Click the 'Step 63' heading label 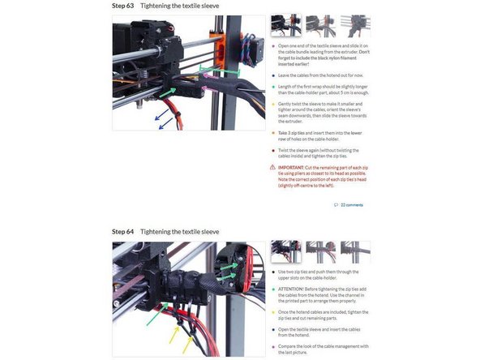(123, 6)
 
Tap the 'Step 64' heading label (123, 232)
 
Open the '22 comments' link (354, 206)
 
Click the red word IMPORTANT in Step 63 (291, 166)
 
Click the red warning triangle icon (272, 167)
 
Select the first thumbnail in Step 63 (286, 26)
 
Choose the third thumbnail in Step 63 (354, 26)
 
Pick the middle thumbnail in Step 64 (320, 251)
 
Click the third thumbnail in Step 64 (354, 251)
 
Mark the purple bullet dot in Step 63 (272, 105)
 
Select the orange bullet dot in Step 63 (272, 131)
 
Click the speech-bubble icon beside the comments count (336, 206)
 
